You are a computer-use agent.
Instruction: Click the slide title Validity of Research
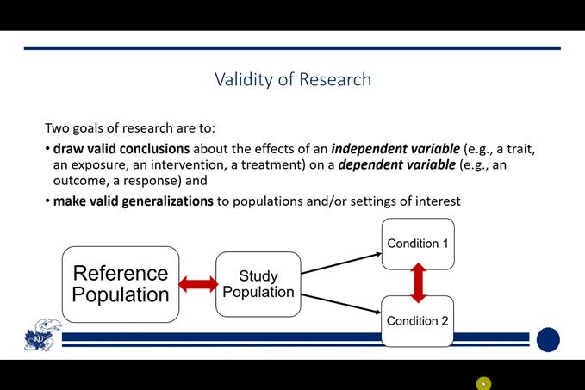point(293,79)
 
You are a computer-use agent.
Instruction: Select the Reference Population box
point(121,284)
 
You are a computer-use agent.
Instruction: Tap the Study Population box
point(258,284)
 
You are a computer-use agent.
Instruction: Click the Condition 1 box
point(418,244)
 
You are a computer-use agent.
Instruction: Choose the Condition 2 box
point(418,321)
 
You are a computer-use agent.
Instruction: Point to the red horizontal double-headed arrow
point(198,284)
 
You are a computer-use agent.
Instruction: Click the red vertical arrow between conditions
point(419,282)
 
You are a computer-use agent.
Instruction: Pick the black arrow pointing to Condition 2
point(341,305)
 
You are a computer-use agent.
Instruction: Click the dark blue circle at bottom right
point(548,340)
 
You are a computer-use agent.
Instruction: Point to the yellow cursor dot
point(483,384)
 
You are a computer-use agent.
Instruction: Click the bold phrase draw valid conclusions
point(121,148)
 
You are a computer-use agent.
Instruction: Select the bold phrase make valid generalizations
point(134,201)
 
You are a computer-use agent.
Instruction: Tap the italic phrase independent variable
point(395,148)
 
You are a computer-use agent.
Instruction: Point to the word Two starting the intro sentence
point(57,127)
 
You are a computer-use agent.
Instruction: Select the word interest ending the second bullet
point(438,201)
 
